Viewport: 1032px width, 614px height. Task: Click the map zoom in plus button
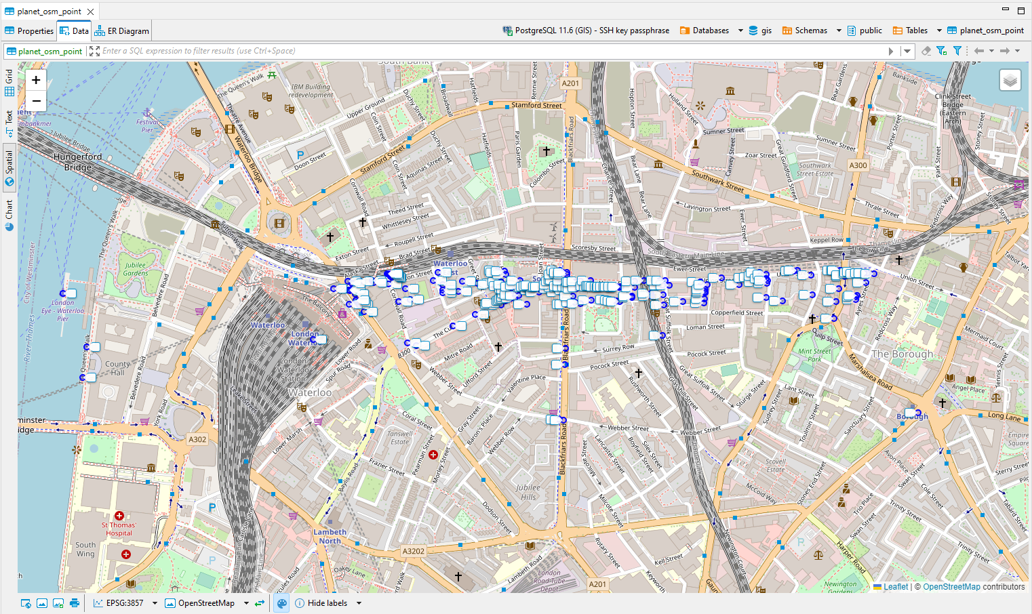pyautogui.click(x=36, y=80)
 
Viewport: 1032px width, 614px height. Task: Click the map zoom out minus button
pyautogui.click(x=36, y=101)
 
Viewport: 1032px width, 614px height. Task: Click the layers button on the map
pyautogui.click(x=1010, y=81)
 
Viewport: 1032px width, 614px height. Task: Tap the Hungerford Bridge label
pyautogui.click(x=78, y=161)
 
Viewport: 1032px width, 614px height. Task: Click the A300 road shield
pyautogui.click(x=858, y=165)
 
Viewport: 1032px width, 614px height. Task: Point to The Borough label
pyautogui.click(x=902, y=354)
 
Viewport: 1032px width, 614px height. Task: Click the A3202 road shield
pyautogui.click(x=414, y=551)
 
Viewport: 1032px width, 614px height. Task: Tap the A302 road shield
pyautogui.click(x=197, y=439)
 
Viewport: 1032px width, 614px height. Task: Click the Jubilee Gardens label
pyautogui.click(x=135, y=269)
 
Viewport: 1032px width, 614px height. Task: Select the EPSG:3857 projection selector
pyautogui.click(x=125, y=603)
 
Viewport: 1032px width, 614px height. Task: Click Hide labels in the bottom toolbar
pyautogui.click(x=327, y=603)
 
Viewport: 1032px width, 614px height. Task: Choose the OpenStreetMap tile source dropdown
pyautogui.click(x=206, y=603)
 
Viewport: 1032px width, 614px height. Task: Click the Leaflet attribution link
pyautogui.click(x=895, y=587)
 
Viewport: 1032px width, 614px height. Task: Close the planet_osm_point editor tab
pyautogui.click(x=90, y=12)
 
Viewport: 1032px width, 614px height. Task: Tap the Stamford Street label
pyautogui.click(x=536, y=105)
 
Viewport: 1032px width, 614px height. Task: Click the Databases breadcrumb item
pyautogui.click(x=710, y=30)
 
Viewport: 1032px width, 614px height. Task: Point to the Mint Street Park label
pyautogui.click(x=814, y=355)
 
